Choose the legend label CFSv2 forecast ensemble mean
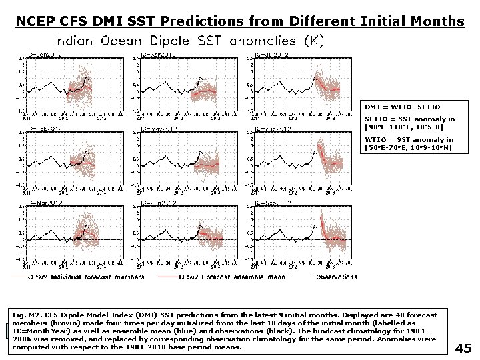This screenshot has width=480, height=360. pyautogui.click(x=233, y=277)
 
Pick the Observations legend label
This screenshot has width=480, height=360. pyautogui.click(x=336, y=277)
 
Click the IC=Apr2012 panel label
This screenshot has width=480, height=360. pyautogui.click(x=157, y=54)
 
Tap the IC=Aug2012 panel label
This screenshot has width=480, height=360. pyautogui.click(x=271, y=128)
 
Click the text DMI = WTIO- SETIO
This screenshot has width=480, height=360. pyautogui.click(x=402, y=107)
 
